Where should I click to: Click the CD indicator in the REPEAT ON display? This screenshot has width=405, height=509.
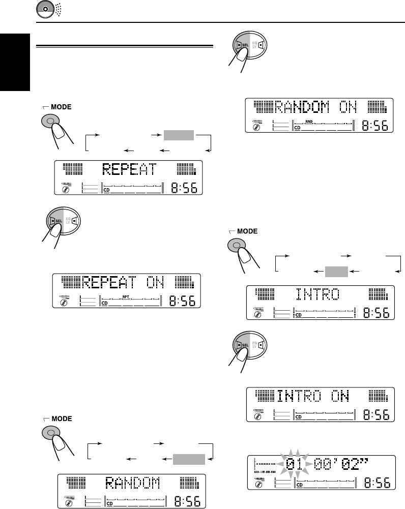pos(105,303)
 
